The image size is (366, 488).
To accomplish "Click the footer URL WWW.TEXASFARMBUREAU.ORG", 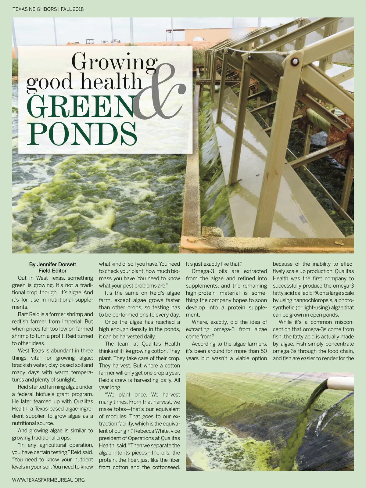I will (48, 480).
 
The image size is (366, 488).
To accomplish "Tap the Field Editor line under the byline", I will (52, 271).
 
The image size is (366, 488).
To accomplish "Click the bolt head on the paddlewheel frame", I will (294, 62).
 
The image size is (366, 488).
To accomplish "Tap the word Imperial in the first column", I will (72, 322).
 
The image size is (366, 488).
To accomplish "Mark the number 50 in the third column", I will (263, 351).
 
